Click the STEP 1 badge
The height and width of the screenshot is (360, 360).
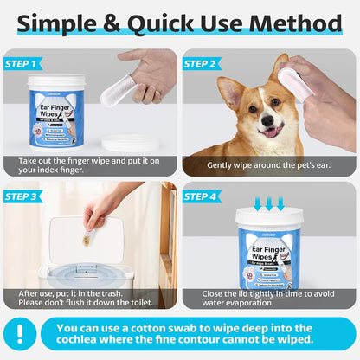click(22, 63)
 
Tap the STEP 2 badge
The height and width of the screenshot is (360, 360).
click(201, 63)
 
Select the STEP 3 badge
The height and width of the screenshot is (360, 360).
click(22, 196)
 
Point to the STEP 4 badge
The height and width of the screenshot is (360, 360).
click(201, 196)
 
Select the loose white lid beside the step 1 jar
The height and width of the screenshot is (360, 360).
click(126, 141)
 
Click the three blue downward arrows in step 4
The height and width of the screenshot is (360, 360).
click(269, 202)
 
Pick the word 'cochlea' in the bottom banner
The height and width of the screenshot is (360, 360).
click(87, 344)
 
